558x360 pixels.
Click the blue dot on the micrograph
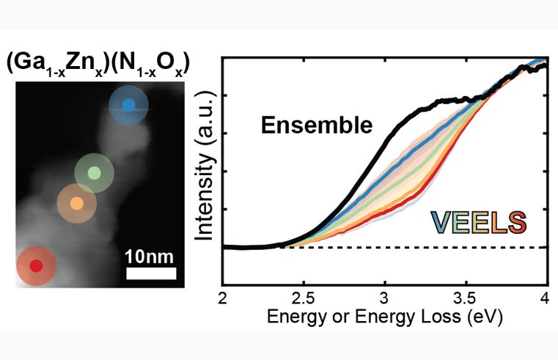click(128, 105)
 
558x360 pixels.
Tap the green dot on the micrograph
click(94, 174)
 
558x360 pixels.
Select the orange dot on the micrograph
click(76, 203)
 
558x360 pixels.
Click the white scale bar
click(151, 273)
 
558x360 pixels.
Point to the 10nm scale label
click(151, 257)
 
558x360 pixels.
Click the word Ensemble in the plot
click(315, 126)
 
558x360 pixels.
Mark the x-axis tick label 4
click(544, 297)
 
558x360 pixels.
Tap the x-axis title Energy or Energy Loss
click(372, 317)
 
